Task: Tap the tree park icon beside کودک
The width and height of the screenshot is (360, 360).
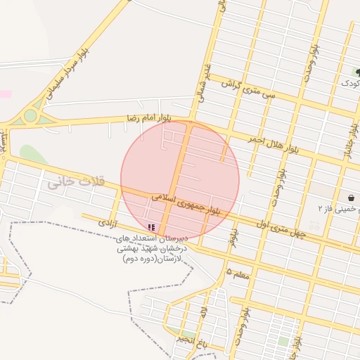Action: click(357, 72)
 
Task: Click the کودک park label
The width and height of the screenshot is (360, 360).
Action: click(350, 84)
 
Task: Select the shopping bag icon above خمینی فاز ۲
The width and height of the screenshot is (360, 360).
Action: click(351, 198)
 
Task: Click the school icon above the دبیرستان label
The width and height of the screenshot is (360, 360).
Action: click(151, 227)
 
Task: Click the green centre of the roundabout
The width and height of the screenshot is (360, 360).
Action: click(30, 116)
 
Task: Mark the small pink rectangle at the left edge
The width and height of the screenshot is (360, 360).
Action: click(5, 94)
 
